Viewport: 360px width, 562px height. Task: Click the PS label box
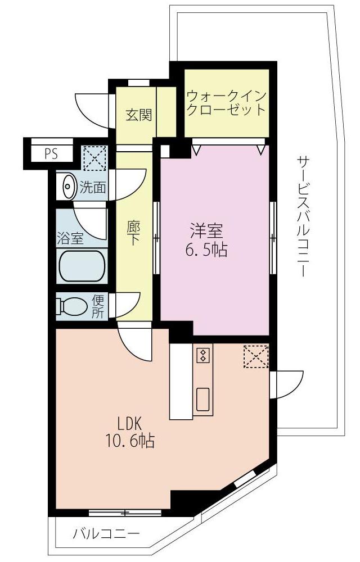[x=51, y=154]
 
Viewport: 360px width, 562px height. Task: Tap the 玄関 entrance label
[x=138, y=115]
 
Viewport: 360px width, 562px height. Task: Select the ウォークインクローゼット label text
[x=226, y=102]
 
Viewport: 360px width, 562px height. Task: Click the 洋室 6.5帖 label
[x=206, y=240]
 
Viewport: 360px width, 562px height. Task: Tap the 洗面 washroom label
[x=93, y=187]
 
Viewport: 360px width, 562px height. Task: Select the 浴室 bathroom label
[x=70, y=238]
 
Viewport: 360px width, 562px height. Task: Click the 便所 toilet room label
[x=98, y=306]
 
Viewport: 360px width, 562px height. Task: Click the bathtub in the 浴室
[x=83, y=266]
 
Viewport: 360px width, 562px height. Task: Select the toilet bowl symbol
[x=71, y=307]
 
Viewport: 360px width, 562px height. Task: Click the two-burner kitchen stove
[x=203, y=355]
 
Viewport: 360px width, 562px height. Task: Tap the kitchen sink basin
[x=203, y=399]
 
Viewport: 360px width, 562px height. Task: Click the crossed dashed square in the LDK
[x=256, y=356]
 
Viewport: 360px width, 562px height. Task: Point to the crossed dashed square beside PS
[x=94, y=158]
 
